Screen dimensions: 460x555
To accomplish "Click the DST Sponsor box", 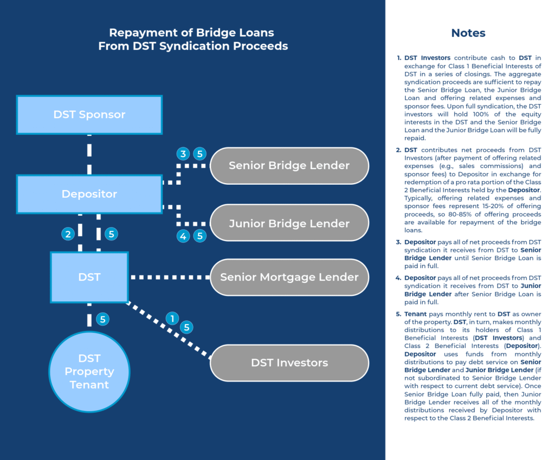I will (89, 115).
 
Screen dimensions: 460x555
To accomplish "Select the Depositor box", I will (89, 194).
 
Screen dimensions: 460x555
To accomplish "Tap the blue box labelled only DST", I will (89, 277).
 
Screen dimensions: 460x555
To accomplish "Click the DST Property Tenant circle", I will (89, 372).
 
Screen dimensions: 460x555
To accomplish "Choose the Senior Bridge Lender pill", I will (289, 165).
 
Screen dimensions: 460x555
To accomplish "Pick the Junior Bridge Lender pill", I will (289, 223).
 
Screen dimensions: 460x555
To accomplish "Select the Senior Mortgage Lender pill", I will (289, 277).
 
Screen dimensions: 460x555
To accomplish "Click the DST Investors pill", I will (289, 362).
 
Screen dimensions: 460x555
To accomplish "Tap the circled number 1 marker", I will (172, 319).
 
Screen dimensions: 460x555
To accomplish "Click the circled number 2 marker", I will (68, 234).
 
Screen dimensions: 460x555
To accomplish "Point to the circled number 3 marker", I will (183, 154).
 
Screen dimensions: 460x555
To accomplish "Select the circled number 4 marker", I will (183, 236).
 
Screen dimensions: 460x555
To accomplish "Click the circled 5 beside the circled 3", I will (200, 154).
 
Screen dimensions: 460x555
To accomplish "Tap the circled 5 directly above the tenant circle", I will (102, 319).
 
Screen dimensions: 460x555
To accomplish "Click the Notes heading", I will (468, 33).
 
